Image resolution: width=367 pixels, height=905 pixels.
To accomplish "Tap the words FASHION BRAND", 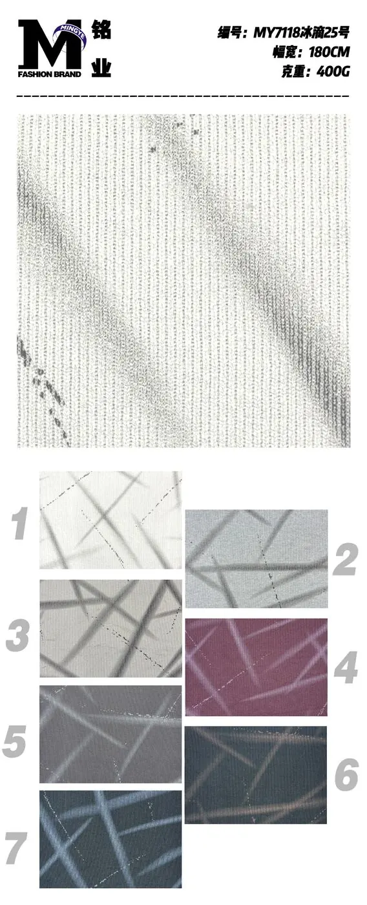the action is pyautogui.click(x=50, y=74).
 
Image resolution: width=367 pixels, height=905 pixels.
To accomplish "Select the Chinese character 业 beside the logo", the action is pyautogui.click(x=101, y=67).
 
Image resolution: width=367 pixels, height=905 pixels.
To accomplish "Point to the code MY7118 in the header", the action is pyautogui.click(x=277, y=33).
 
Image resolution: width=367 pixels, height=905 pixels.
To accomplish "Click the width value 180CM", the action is pyautogui.click(x=329, y=52).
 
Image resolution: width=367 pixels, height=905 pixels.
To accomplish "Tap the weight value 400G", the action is pyautogui.click(x=333, y=72).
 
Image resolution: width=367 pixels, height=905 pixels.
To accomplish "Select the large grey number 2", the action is pyautogui.click(x=345, y=560).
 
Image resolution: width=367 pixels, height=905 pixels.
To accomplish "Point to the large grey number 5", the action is pyautogui.click(x=15, y=741).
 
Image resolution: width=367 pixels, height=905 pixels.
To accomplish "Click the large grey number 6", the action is pyautogui.click(x=346, y=774).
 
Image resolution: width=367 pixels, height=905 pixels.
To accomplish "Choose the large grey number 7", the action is pyautogui.click(x=17, y=848).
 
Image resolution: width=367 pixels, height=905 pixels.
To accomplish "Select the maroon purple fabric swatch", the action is pyautogui.click(x=256, y=667).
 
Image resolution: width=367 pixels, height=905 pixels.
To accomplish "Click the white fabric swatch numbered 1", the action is pyautogui.click(x=110, y=520).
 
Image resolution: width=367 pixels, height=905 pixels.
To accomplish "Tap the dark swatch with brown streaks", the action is pyautogui.click(x=256, y=775).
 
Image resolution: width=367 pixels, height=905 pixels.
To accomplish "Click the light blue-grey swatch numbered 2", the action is pyautogui.click(x=257, y=559).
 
